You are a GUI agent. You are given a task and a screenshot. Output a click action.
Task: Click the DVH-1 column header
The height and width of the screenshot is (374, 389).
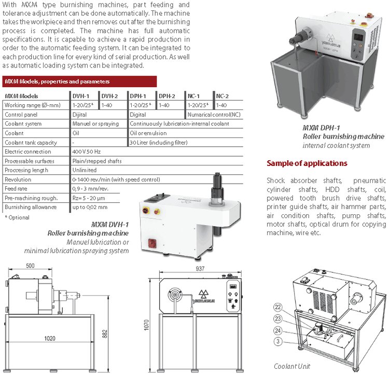[x=80, y=96]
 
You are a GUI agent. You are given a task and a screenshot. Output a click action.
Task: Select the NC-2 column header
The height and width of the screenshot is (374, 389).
[x=223, y=96]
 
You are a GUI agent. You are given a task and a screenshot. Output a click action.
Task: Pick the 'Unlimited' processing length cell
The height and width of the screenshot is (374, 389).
[x=85, y=170]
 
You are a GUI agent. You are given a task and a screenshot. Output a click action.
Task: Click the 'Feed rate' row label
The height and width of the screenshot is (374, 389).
[x=16, y=189]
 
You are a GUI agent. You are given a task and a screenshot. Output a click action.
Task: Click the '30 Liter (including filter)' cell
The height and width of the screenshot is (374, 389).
[x=159, y=143]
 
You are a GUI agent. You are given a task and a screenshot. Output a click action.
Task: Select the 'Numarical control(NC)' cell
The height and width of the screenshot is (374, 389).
[x=214, y=115]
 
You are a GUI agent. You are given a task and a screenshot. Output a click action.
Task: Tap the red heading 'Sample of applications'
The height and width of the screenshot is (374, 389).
[x=307, y=163]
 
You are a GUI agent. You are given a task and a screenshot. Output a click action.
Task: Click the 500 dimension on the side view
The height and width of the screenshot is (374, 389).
[x=30, y=266]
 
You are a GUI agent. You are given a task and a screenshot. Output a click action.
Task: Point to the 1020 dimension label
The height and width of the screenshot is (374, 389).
[x=50, y=338]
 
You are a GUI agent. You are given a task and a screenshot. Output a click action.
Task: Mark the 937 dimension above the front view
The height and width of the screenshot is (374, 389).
[x=200, y=269]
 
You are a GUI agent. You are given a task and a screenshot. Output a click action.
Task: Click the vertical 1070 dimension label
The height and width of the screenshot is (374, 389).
[x=147, y=325]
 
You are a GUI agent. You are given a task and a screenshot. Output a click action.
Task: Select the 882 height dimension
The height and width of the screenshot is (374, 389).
[x=105, y=334]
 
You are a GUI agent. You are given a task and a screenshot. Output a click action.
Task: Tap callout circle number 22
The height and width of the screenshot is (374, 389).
[x=278, y=307]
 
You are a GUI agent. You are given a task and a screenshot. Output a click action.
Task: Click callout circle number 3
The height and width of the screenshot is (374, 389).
[x=278, y=341]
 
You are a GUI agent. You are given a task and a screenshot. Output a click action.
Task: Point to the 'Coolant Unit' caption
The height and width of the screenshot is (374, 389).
[x=292, y=366]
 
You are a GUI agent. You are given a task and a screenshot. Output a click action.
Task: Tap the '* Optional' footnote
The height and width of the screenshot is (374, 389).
[x=17, y=217]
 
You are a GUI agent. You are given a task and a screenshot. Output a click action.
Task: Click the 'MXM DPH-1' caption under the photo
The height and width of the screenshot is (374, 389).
[x=321, y=128]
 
